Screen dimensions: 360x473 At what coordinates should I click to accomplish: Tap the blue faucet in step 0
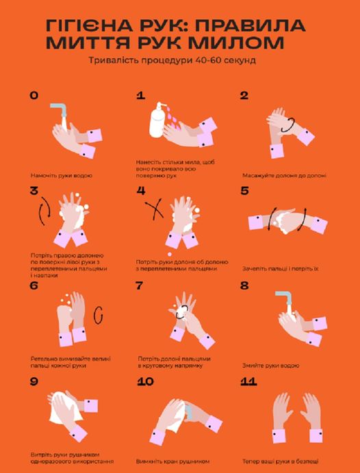click(x=60, y=110)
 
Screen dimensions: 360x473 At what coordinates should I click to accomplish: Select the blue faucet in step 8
click(x=284, y=298)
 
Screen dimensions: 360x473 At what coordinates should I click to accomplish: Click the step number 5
click(x=244, y=191)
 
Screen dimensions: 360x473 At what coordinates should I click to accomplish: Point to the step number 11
click(x=248, y=382)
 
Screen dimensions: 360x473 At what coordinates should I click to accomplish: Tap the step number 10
click(x=145, y=382)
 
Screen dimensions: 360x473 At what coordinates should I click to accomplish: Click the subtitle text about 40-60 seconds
click(x=172, y=60)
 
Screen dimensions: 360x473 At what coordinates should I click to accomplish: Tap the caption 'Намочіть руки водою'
click(x=61, y=175)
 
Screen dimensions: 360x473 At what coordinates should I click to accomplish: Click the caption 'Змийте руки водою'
click(x=271, y=366)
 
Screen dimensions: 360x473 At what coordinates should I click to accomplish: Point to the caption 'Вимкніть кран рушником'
click(x=172, y=461)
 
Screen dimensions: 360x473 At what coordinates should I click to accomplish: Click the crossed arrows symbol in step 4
click(x=155, y=208)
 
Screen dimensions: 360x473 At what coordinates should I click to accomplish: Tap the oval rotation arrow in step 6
click(x=98, y=316)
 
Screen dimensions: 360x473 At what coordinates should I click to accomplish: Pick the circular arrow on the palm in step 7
click(x=182, y=311)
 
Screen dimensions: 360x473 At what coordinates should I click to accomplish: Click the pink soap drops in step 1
click(x=174, y=118)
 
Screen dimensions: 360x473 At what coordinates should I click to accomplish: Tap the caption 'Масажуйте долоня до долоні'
click(x=284, y=175)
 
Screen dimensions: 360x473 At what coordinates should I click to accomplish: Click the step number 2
click(x=244, y=96)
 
